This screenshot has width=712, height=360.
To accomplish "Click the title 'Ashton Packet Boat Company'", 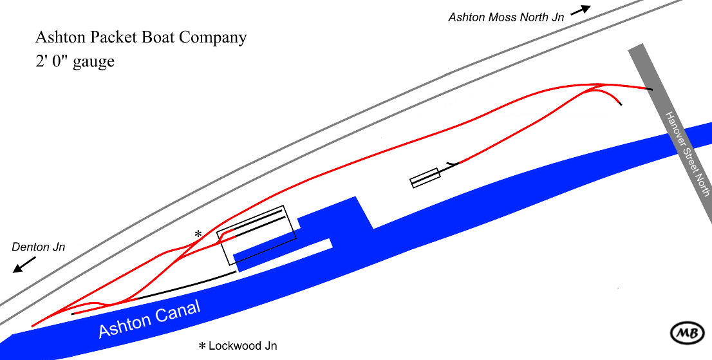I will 141,37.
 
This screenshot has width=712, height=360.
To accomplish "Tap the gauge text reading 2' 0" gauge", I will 75,62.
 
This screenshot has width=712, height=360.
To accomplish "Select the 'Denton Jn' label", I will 38,247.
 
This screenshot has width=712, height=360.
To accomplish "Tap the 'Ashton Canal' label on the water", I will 149,319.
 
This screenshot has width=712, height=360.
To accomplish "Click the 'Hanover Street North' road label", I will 688,154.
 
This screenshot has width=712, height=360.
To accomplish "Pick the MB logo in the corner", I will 686,332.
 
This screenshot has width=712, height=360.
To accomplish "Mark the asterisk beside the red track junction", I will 198,233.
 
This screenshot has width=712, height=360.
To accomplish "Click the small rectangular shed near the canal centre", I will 425,178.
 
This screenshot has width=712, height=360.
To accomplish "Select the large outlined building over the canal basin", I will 256,234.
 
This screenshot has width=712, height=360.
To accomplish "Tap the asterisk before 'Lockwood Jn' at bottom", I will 201,346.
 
